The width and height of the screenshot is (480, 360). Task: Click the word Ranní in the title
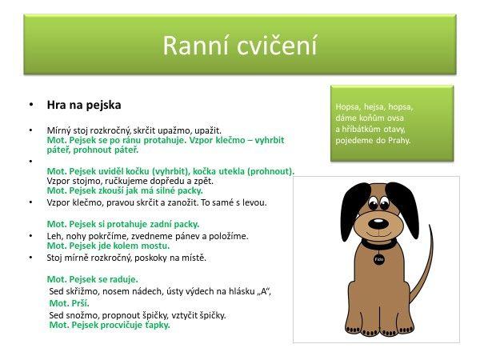[x=196, y=46]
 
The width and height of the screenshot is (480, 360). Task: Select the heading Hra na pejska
[x=84, y=105]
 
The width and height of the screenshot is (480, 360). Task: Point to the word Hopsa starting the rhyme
[x=348, y=107]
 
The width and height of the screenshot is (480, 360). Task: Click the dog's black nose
[x=378, y=223]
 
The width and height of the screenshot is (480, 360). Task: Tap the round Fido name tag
[x=378, y=259]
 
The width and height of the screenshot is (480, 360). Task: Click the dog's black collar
[x=379, y=244]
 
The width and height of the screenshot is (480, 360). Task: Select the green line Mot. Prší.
[x=69, y=303]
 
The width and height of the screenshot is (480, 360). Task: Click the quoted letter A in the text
[x=263, y=291]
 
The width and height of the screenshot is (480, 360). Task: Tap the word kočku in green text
[x=136, y=171]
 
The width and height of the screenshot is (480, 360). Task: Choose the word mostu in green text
[x=155, y=246]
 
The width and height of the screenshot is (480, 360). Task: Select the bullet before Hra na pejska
[x=30, y=105]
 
